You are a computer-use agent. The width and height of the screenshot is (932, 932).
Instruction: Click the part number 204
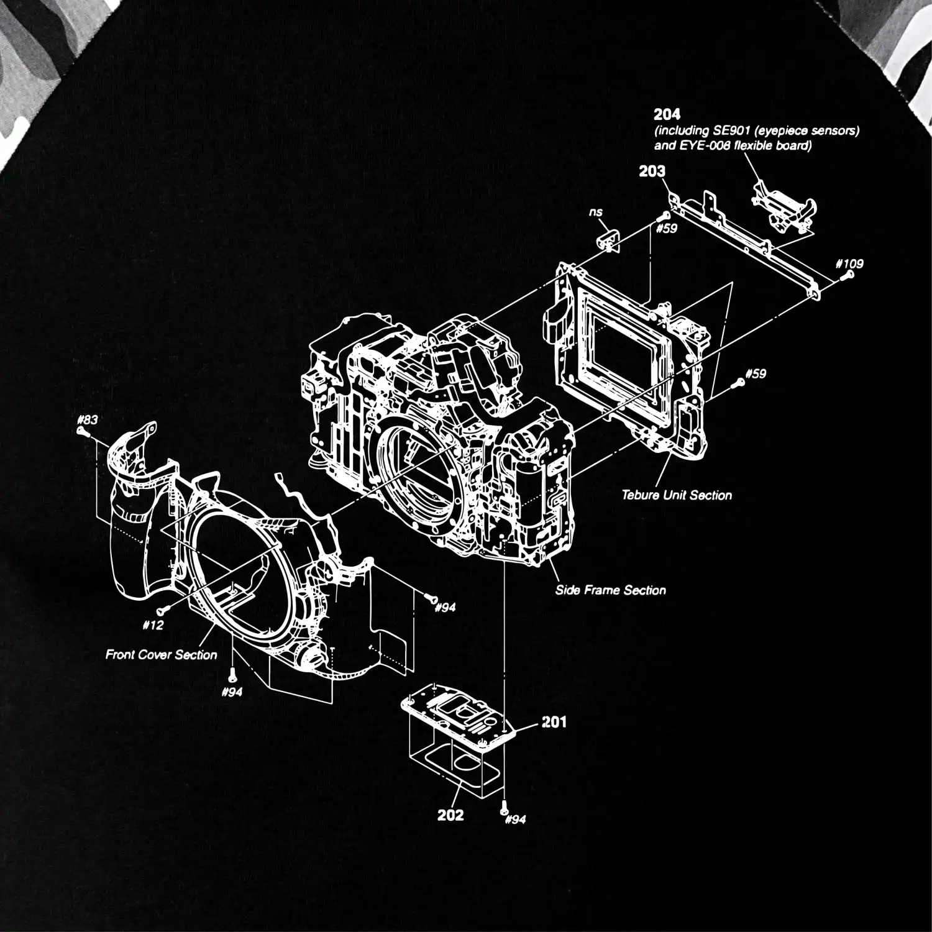667,114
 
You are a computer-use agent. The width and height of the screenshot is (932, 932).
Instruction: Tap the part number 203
652,171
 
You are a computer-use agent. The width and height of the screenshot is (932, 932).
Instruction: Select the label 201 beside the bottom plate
554,722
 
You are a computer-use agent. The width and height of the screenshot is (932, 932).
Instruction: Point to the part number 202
450,815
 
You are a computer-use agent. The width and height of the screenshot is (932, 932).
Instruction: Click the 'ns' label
596,212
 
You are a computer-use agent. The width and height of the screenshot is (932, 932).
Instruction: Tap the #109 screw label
850,263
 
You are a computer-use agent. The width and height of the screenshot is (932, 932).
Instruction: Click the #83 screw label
88,419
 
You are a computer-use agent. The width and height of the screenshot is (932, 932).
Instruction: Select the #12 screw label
153,625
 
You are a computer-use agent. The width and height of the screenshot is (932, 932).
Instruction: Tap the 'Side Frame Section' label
610,590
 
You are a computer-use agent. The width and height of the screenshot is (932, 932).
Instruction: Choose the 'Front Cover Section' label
161,654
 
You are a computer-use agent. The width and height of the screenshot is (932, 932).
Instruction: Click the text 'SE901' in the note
729,131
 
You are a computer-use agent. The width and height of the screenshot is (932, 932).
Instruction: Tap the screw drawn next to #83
81,431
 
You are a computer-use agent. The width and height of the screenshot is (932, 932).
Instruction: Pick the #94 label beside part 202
516,819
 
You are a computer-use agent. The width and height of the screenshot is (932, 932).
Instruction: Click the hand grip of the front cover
132,522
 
